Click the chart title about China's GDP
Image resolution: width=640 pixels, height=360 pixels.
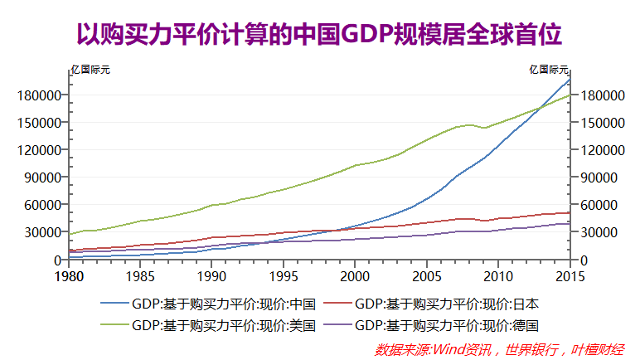(319, 34)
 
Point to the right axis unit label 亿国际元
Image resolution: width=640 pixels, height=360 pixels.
(549, 69)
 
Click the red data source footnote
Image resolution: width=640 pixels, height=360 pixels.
(500, 349)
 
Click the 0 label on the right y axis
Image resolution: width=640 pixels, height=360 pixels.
(585, 260)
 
